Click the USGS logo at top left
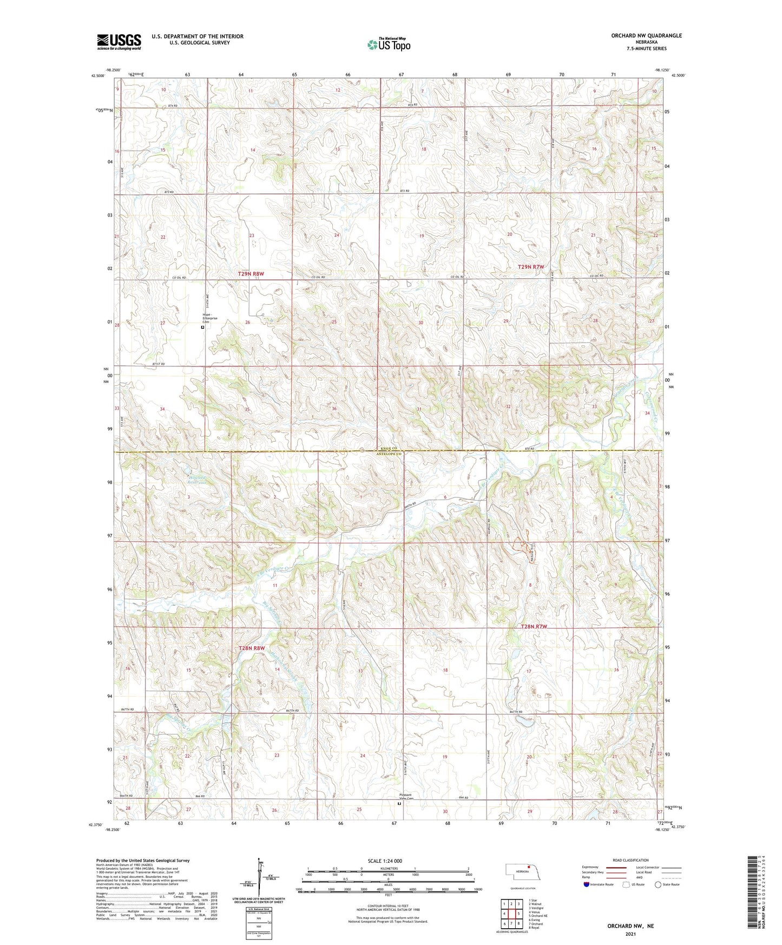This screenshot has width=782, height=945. point(119,42)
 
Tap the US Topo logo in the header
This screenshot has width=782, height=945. point(389,44)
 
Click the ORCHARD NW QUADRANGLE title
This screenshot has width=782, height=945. point(646,36)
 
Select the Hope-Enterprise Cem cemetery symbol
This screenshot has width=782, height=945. point(203,327)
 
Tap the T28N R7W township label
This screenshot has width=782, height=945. point(534,626)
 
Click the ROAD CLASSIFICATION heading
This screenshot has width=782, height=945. point(630,860)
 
